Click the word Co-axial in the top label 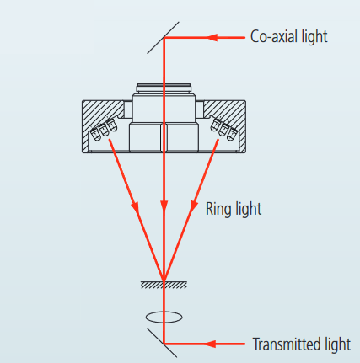pos(274,36)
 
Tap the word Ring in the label pos(218,210)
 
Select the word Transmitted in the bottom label pos(287,344)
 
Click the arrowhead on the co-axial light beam pos(212,37)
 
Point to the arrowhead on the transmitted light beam pos(212,344)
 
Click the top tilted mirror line pos(163,38)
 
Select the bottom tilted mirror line pos(162,343)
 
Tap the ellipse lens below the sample pos(164,318)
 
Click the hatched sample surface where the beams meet pos(164,285)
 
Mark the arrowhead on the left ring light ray pos(135,207)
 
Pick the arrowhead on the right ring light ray pos(193,206)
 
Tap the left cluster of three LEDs pos(104,130)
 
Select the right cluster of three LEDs pos(224,130)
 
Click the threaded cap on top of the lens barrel pos(164,88)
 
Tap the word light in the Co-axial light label pos(314,36)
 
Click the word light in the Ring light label pos(248,210)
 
